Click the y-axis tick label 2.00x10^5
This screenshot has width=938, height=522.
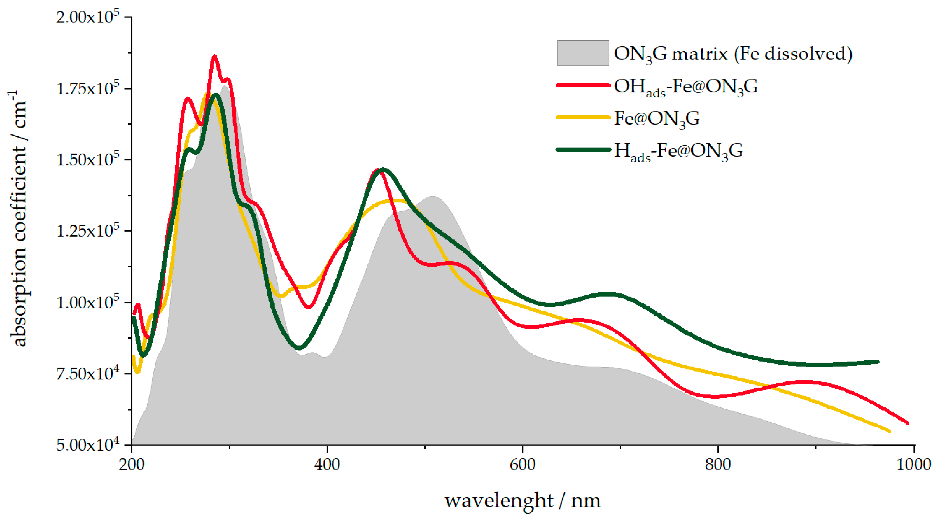point(87,17)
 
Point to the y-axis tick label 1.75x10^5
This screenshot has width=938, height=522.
point(87,88)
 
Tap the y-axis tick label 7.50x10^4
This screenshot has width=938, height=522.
point(87,374)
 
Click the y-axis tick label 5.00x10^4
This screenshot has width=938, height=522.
point(87,445)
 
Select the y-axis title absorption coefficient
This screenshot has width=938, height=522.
point(18,218)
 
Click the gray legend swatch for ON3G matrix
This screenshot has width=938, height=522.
point(583,53)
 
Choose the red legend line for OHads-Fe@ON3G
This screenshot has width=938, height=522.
point(583,85)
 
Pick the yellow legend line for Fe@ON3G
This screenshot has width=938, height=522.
point(583,118)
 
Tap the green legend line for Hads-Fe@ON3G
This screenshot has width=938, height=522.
point(583,150)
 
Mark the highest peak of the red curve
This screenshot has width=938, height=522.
point(214,56)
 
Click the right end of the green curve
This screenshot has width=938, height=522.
point(878,362)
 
